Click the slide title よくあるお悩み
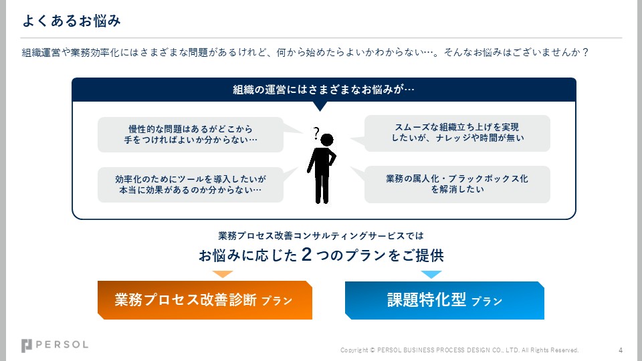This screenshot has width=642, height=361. coord(72,21)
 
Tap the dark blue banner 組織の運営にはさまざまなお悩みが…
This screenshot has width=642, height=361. coord(324,90)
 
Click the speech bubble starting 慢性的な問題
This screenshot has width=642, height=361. coord(191,134)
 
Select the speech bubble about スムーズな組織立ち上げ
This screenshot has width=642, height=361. coord(457,133)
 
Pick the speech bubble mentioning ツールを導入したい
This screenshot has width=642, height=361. coord(191,185)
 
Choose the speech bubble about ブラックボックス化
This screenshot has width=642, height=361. coord(457,184)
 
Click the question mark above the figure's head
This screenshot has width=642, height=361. coord(316,132)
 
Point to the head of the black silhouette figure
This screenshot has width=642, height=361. coord(326,140)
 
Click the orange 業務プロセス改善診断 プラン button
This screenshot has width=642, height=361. coord(205,300)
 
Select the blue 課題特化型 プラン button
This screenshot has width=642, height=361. coord(444,300)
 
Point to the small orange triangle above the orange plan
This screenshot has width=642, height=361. coord(222,274)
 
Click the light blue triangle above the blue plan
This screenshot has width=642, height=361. coord(431,274)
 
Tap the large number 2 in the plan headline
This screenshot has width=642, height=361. coord(306,255)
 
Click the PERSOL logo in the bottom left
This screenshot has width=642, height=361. coord(55,345)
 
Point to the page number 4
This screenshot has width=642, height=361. coord(621,350)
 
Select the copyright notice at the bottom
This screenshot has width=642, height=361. coord(459,350)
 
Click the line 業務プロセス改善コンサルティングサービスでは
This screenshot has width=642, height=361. coord(321,236)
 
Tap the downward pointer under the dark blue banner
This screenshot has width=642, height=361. coord(320,106)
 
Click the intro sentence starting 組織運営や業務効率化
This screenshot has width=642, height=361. coord(305,52)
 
